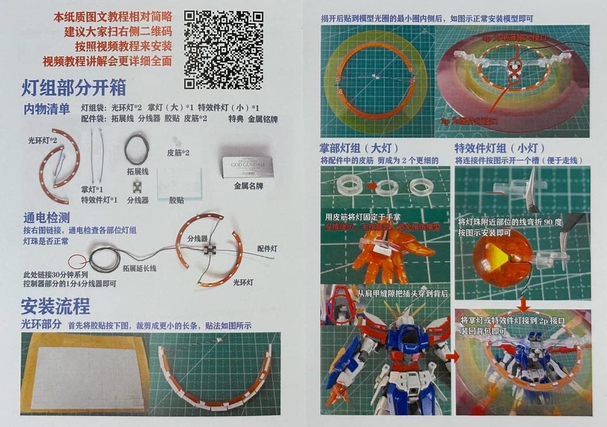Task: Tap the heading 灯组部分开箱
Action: [x=74, y=88]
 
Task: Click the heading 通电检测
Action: [x=47, y=217]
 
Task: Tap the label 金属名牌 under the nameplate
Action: [x=250, y=186]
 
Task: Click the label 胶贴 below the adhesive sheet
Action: [x=177, y=200]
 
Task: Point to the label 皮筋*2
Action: [x=178, y=153]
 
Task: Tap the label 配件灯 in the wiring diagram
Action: [x=267, y=248]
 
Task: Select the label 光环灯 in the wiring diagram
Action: [x=243, y=282]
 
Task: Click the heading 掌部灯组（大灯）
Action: [x=359, y=148]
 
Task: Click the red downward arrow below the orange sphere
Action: [x=523, y=304]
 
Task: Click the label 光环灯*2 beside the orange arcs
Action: [x=43, y=141]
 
